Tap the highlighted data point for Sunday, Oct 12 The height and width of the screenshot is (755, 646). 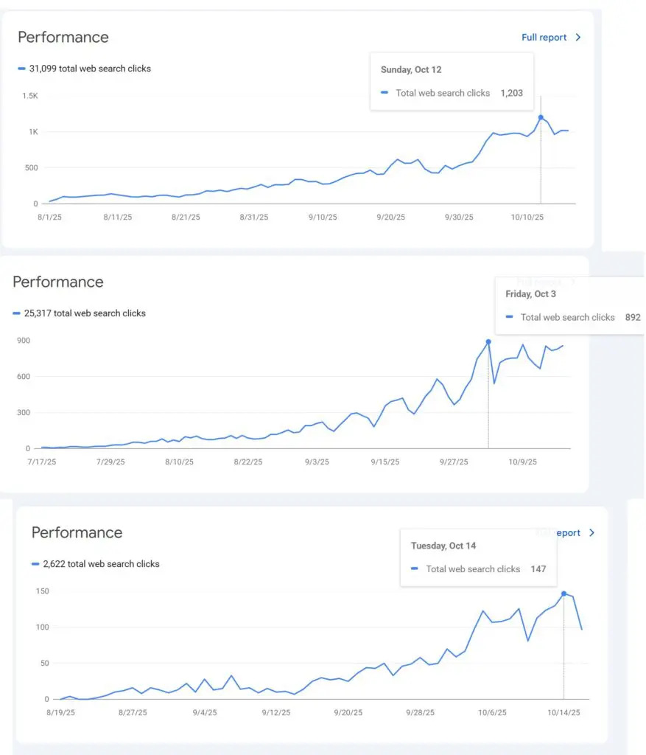[x=541, y=117]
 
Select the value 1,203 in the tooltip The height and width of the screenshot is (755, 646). [x=511, y=94]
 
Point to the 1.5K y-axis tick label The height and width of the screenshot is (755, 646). [x=30, y=96]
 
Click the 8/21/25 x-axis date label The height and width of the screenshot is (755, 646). [x=186, y=218]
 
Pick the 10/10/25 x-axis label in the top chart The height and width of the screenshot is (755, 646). [x=527, y=218]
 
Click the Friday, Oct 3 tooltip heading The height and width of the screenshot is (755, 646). [x=530, y=294]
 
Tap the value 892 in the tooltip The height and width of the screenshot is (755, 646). [x=632, y=318]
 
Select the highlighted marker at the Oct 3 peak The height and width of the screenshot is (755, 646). [x=488, y=342]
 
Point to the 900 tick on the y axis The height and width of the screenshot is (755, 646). [x=23, y=341]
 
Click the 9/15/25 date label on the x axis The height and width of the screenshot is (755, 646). [x=385, y=462]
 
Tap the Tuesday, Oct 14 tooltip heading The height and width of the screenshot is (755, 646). [x=443, y=546]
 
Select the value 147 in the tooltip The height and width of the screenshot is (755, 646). [x=538, y=569]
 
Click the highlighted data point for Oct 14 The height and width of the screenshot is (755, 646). [x=564, y=594]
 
